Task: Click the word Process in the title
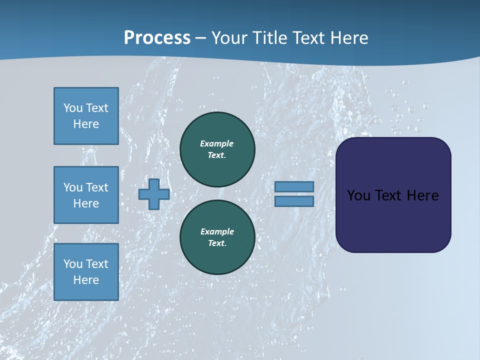(157, 37)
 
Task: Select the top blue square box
(86, 116)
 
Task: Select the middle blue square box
(86, 195)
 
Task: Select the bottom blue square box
(86, 271)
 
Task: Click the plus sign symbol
(154, 194)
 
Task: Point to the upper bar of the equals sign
(294, 186)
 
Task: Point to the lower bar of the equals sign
(294, 201)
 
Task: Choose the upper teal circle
(217, 149)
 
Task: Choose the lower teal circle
(217, 237)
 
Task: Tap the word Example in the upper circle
(217, 143)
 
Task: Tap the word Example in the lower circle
(217, 231)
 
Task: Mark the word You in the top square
(73, 108)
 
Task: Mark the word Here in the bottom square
(86, 280)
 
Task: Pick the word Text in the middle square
(97, 187)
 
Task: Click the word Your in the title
(229, 37)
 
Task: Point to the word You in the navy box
(359, 195)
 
